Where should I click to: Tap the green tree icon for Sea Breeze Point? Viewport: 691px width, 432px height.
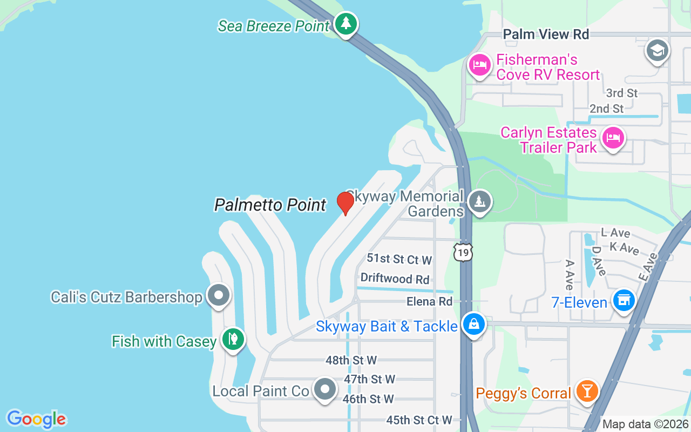click(345, 24)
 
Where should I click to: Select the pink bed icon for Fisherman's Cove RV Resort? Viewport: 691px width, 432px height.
click(479, 65)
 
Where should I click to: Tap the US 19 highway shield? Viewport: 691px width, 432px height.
click(463, 252)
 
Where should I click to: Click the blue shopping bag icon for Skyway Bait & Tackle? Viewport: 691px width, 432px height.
click(473, 325)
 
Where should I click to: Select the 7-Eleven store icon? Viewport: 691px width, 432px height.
click(624, 300)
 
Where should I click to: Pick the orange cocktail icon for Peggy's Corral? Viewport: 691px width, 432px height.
click(586, 390)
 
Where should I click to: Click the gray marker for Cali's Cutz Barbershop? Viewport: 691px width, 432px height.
click(219, 295)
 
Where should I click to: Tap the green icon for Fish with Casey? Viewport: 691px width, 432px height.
click(233, 340)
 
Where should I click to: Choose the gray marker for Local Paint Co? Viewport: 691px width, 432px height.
click(325, 389)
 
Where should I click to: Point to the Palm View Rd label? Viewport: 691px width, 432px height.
click(546, 34)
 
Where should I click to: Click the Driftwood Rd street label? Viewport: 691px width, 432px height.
click(395, 279)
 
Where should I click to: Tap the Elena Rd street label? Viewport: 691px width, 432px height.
click(430, 301)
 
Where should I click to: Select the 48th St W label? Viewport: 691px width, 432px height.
click(351, 360)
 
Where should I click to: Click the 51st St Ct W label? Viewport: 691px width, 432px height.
click(399, 259)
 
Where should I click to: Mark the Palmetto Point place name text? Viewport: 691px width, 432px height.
click(270, 205)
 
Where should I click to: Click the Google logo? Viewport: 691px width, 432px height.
click(37, 419)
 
